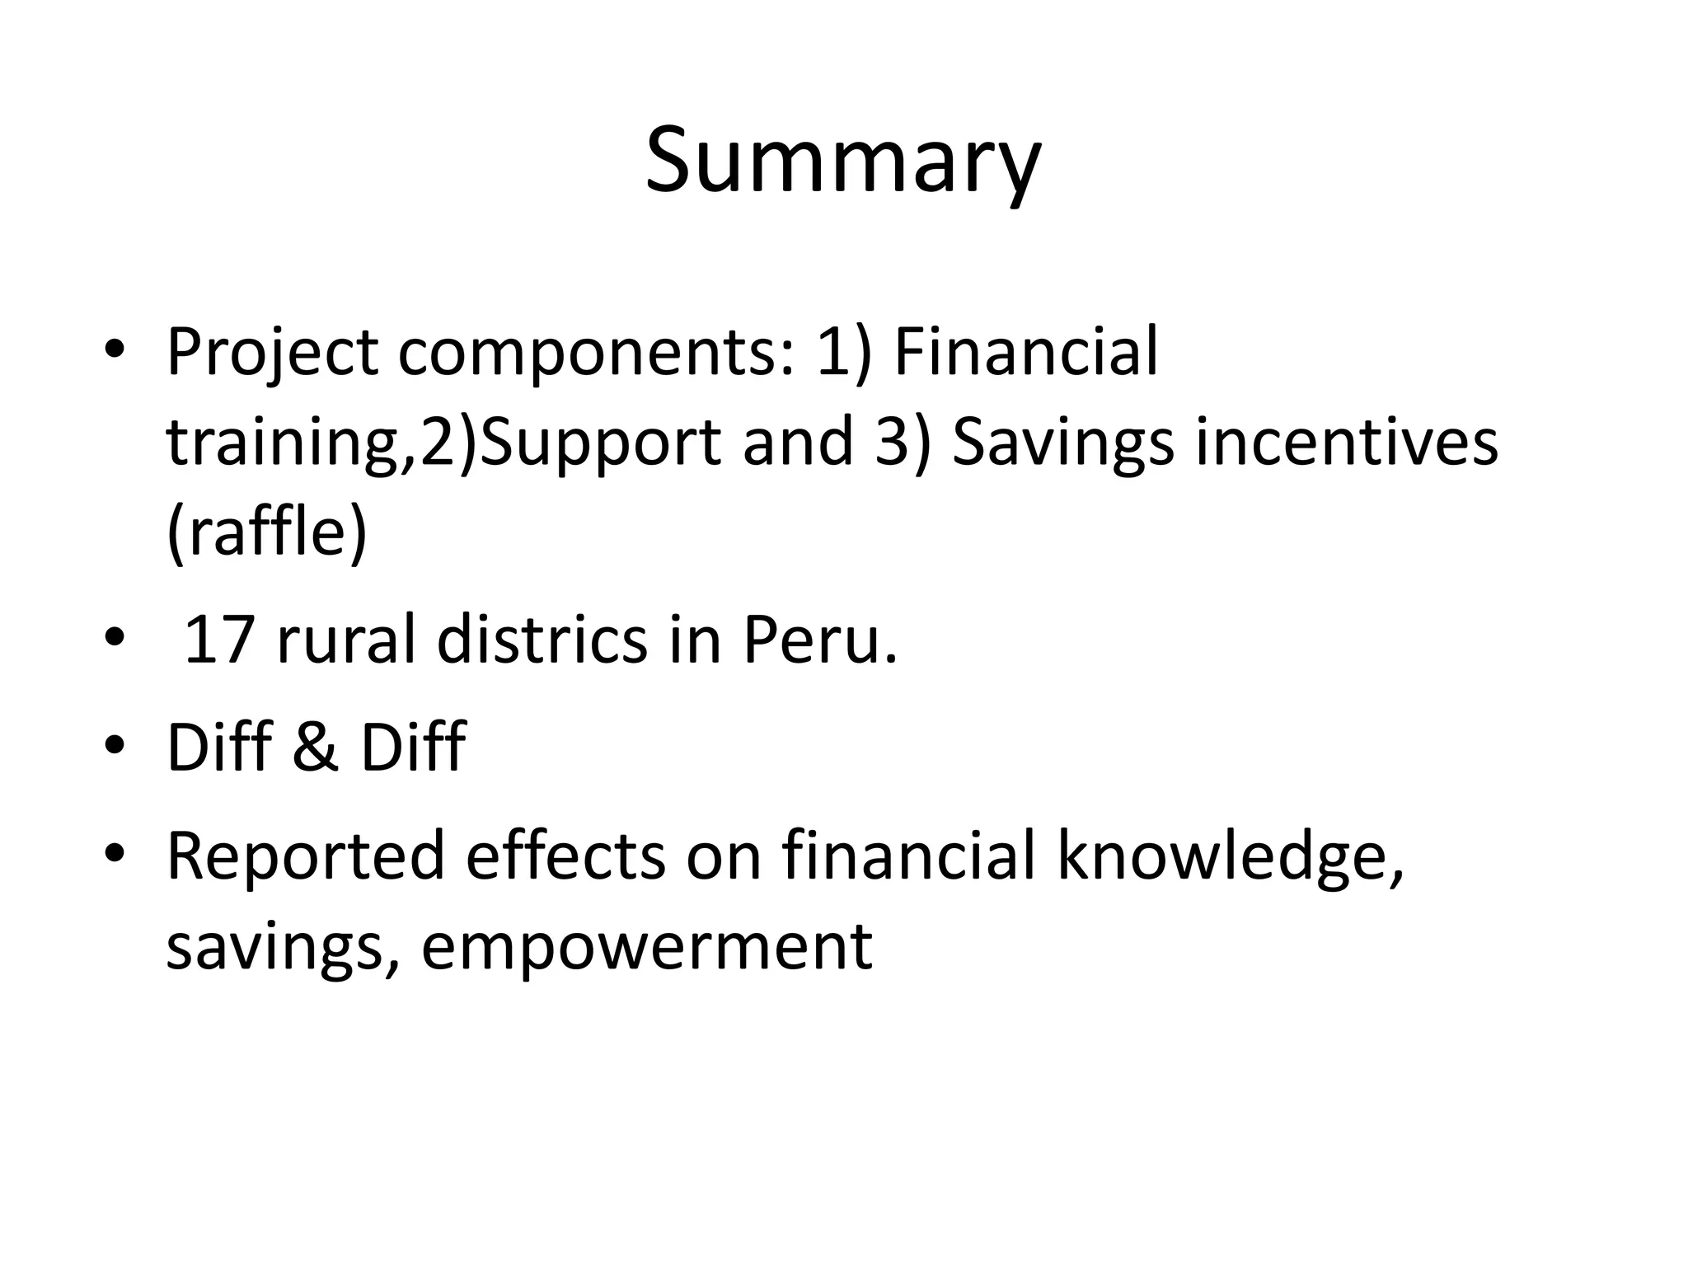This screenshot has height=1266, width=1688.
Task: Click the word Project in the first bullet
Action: click(272, 353)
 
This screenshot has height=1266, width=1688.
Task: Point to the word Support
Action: click(602, 443)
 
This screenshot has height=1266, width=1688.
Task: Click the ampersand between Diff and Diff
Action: click(316, 747)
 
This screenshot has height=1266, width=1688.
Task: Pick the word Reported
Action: click(305, 857)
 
